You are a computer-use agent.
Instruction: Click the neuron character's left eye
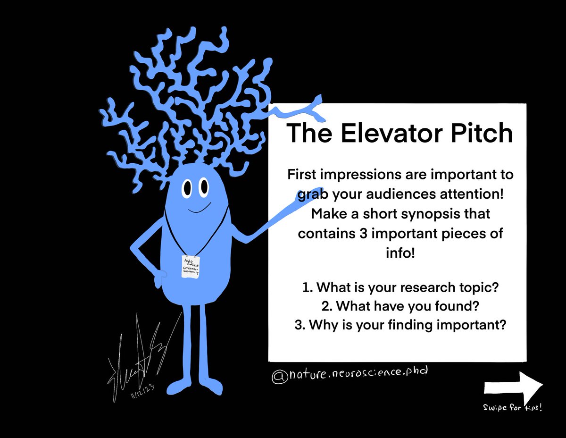click(x=187, y=189)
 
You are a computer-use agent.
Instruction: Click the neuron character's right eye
click(x=204, y=187)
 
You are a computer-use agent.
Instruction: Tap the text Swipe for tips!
click(x=513, y=407)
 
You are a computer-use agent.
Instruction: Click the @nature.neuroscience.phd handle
click(x=350, y=374)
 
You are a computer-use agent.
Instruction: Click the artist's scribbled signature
click(x=137, y=359)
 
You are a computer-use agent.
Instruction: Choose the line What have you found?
click(x=400, y=306)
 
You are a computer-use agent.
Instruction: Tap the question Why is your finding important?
click(x=400, y=325)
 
